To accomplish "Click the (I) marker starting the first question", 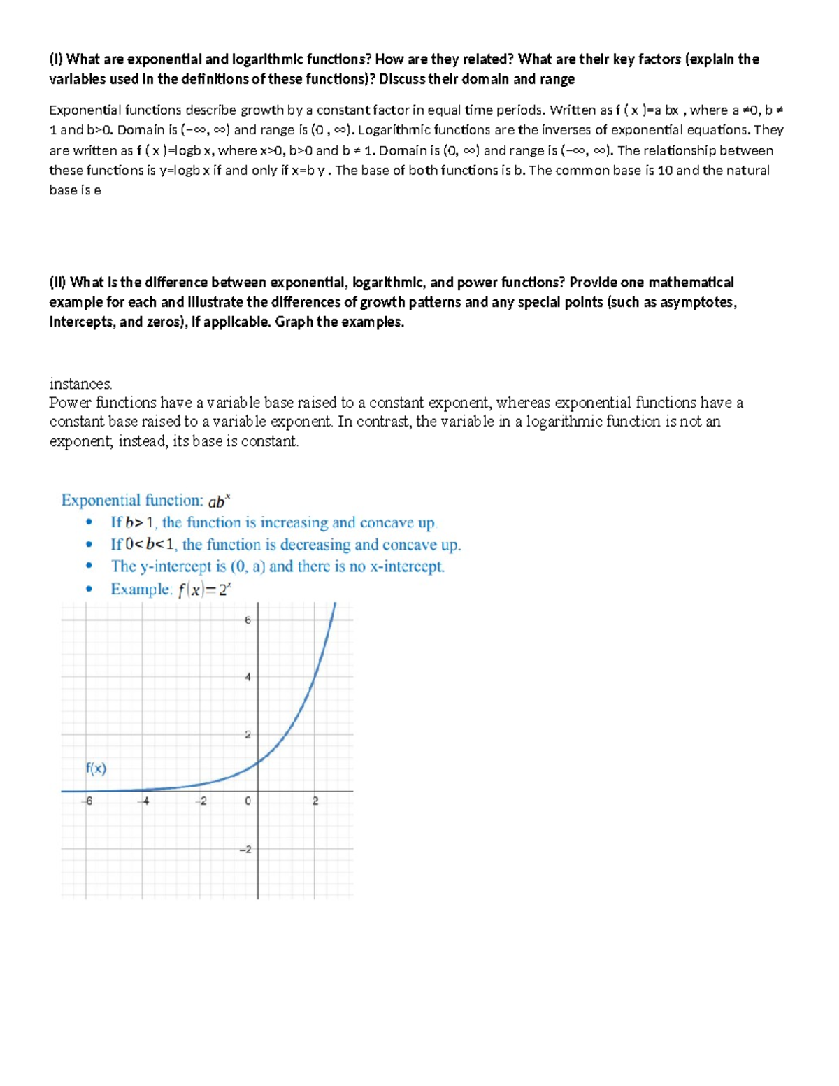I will click(55, 59).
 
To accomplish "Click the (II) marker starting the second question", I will click(57, 283).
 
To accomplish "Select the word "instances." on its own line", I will click(80, 384).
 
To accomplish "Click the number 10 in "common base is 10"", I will click(665, 171).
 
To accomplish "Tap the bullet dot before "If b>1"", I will click(88, 523).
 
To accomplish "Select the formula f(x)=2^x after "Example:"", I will click(204, 590).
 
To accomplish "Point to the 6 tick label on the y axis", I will click(247, 620).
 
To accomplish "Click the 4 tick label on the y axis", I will click(247, 677).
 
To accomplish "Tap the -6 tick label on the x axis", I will click(87, 801).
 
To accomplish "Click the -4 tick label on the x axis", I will click(145, 801).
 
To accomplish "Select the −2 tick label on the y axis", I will click(245, 850).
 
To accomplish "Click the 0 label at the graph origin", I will click(248, 801).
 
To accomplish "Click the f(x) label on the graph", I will click(96, 769).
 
